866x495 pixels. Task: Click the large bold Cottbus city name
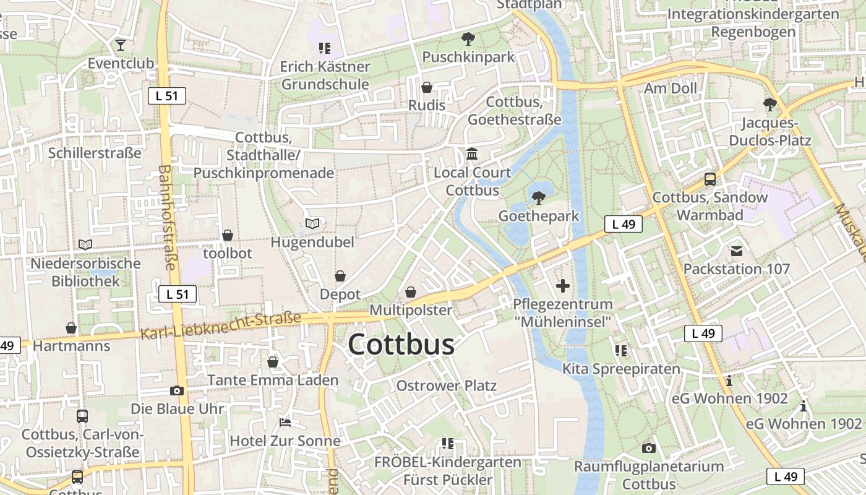click(x=401, y=345)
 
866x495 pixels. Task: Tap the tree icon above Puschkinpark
click(x=468, y=39)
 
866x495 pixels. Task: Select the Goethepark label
click(x=539, y=216)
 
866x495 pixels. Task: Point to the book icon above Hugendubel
click(x=312, y=223)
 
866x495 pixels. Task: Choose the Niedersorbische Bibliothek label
click(x=86, y=272)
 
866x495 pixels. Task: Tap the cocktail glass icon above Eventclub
click(x=120, y=45)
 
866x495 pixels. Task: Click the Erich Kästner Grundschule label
click(x=325, y=75)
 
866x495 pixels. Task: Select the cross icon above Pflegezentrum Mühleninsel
click(x=562, y=286)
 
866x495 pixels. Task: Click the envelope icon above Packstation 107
click(x=737, y=251)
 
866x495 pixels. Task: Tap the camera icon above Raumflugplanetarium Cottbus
click(x=648, y=448)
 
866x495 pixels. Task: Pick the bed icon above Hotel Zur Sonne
click(x=285, y=423)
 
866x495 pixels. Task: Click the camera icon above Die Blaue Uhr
click(x=177, y=391)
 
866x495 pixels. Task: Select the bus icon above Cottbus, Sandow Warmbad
click(x=710, y=179)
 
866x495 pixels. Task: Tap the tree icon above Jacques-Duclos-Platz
click(x=770, y=104)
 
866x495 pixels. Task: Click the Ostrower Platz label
click(x=446, y=386)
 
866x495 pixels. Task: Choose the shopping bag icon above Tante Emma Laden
click(x=273, y=362)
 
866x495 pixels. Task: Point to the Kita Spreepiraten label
click(x=621, y=369)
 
